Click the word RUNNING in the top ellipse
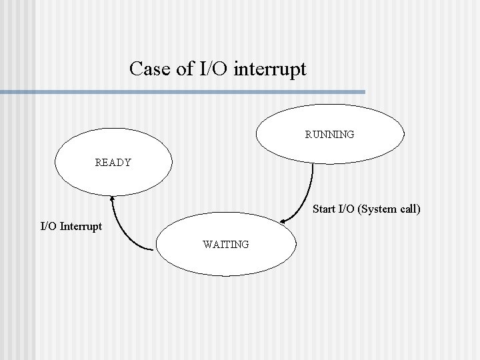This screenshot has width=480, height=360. (329, 135)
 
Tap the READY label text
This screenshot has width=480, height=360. (113, 162)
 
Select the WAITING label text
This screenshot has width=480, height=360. (226, 245)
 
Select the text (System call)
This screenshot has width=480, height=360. (389, 209)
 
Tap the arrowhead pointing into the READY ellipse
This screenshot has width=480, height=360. (112, 197)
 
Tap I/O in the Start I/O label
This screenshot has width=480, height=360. (346, 209)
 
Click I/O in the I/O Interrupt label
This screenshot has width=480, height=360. (49, 226)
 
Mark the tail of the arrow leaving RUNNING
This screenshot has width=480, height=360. (312, 163)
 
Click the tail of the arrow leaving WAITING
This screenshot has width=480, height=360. (154, 250)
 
